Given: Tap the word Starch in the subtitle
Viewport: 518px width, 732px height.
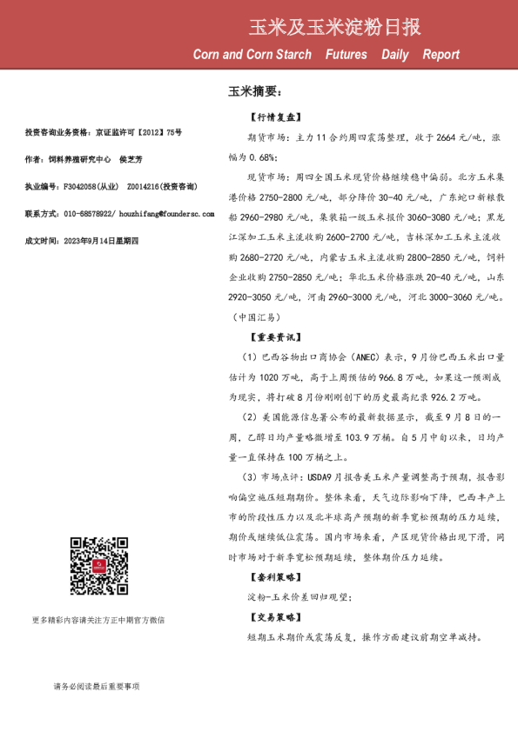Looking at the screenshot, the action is click(291, 55).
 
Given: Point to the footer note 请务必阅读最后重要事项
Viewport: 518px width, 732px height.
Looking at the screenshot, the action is click(97, 687).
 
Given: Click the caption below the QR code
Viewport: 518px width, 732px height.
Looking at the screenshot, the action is click(98, 620).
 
